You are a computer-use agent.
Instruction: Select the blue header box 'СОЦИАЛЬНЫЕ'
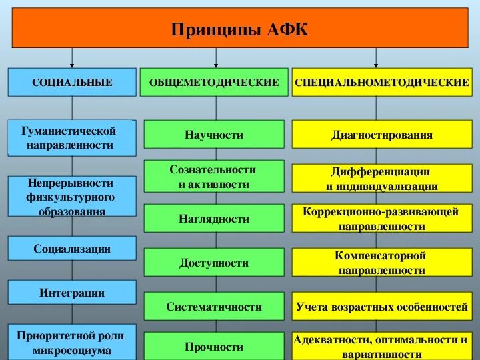[72, 82]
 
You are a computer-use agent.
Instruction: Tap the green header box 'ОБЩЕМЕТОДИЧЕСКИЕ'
[214, 82]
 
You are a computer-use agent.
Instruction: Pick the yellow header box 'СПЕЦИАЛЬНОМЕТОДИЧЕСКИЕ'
[382, 82]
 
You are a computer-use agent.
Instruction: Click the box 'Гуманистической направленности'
[72, 137]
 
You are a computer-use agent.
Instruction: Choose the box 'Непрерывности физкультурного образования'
[72, 196]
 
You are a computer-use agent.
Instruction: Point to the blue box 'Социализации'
[72, 249]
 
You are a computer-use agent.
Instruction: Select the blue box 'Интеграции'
[72, 292]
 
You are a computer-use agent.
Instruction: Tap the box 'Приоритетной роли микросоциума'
[72, 343]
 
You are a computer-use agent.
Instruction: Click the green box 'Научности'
[214, 135]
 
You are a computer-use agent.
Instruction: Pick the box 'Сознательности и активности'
[214, 177]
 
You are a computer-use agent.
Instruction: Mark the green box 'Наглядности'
[214, 219]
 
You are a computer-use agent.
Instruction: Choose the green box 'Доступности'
[214, 263]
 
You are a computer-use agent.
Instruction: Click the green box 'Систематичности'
[214, 307]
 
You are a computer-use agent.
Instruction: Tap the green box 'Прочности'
[214, 347]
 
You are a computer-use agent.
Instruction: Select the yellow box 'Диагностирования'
[382, 135]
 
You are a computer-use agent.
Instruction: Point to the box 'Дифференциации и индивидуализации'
[382, 179]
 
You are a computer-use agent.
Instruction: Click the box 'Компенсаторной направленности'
[382, 263]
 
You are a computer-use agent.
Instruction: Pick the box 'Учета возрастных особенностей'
[382, 307]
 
